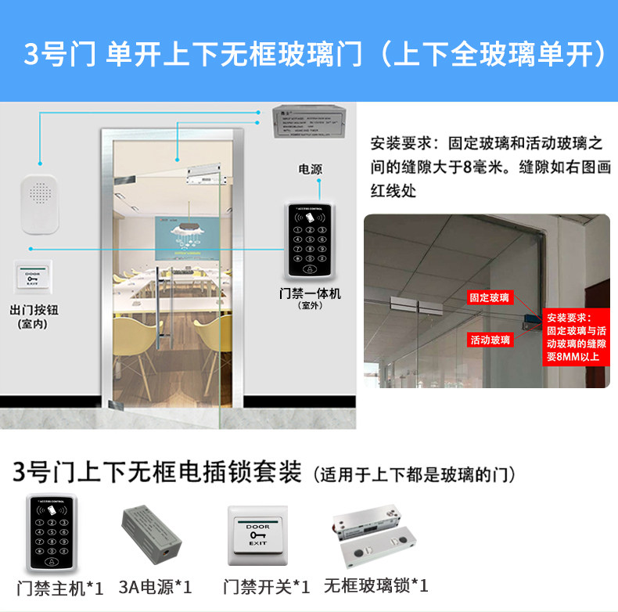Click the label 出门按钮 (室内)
(x=34, y=315)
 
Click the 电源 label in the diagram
(x=310, y=169)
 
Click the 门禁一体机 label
(x=311, y=294)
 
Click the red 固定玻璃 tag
(x=490, y=298)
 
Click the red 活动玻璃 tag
(x=490, y=340)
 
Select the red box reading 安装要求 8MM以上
(x=577, y=337)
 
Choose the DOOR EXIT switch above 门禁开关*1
(x=257, y=535)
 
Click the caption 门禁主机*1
(x=60, y=587)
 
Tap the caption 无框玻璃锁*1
(x=375, y=587)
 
